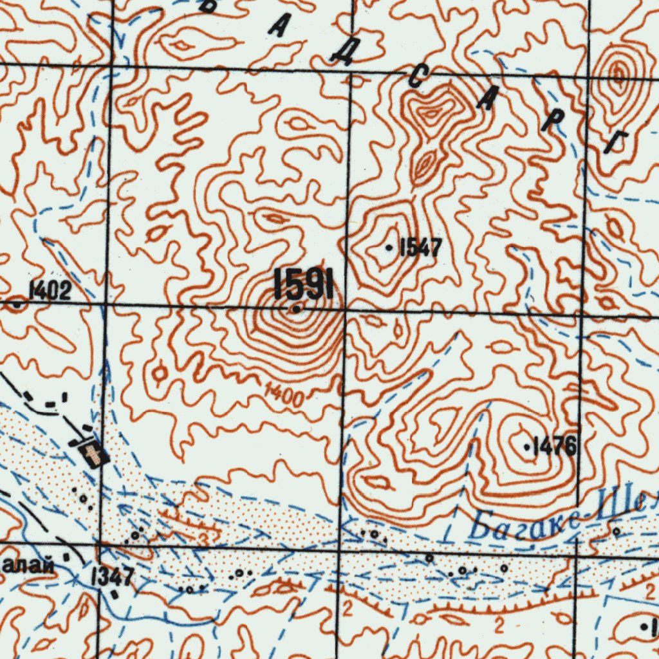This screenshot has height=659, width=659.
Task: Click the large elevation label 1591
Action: (x=303, y=284)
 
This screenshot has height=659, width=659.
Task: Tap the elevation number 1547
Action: (x=420, y=248)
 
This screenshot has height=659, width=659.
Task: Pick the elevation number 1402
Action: (x=50, y=292)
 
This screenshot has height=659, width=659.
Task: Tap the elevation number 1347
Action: (x=113, y=577)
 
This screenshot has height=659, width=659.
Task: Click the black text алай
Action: (x=26, y=566)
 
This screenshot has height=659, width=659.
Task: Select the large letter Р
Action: (x=549, y=122)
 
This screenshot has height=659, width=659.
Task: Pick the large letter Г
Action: (x=617, y=142)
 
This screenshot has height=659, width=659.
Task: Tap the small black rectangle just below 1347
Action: (x=115, y=594)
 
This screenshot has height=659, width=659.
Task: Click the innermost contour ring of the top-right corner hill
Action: (x=618, y=75)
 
